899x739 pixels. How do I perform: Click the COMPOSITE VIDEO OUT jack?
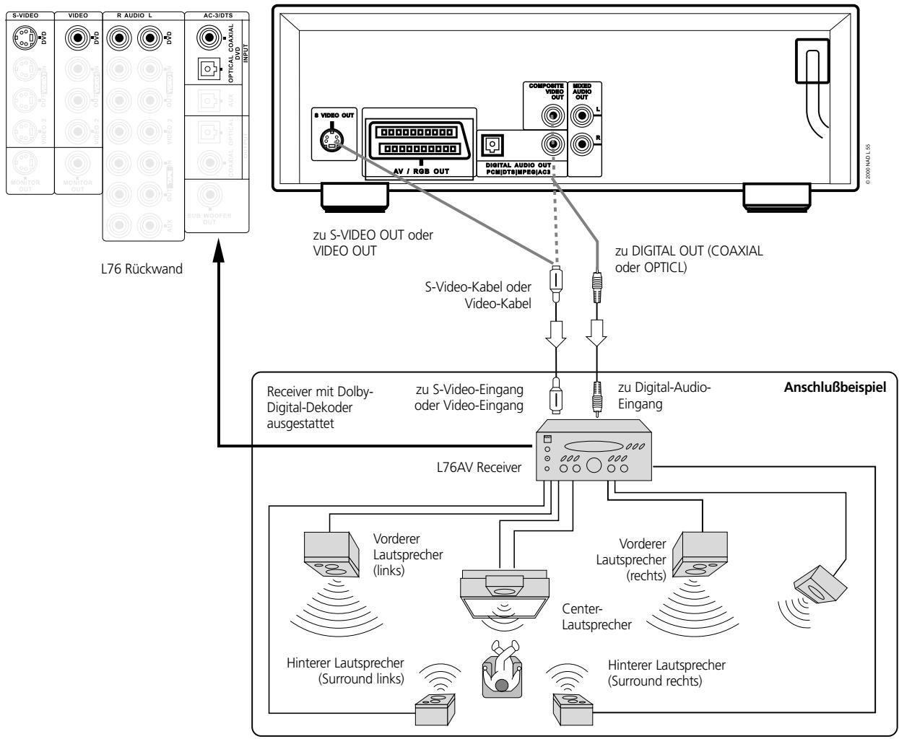click(x=552, y=115)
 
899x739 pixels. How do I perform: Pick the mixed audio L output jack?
click(x=581, y=114)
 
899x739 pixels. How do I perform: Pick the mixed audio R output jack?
click(x=581, y=144)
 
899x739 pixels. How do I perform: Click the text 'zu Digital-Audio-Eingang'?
click(x=664, y=395)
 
